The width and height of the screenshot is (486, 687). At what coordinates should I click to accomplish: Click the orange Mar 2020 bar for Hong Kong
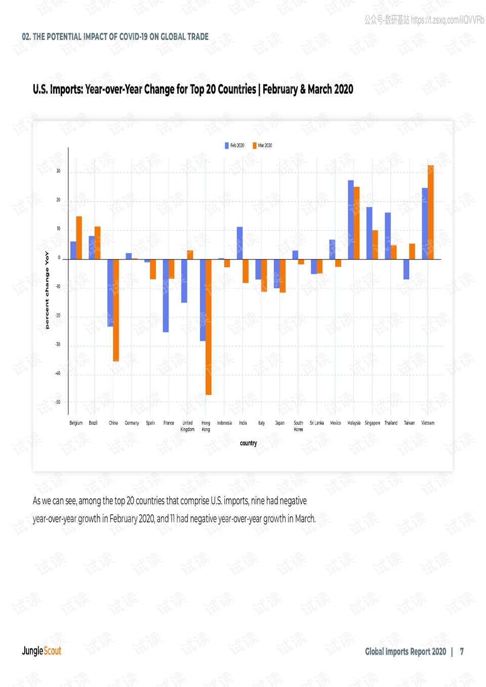209,327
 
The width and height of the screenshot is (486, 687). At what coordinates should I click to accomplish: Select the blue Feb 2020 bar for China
110,293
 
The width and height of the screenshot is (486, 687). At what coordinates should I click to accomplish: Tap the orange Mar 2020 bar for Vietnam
431,212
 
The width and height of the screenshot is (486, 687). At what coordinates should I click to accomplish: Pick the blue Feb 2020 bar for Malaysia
351,220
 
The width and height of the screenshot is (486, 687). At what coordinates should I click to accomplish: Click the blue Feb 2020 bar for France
166,296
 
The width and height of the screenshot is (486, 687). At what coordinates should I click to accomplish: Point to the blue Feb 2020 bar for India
240,243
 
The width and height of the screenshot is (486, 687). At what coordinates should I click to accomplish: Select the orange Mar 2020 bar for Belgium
79,237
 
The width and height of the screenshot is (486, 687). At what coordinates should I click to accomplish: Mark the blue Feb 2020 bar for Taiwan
407,269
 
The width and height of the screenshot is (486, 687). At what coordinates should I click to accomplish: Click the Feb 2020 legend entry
235,145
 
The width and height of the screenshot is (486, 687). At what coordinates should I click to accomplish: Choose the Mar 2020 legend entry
263,145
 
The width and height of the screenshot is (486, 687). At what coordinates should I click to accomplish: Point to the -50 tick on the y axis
58,402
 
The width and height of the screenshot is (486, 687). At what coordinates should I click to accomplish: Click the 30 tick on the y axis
58,171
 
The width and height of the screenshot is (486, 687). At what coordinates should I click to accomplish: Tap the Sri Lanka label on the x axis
317,423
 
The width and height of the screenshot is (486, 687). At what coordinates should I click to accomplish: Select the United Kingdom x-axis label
187,426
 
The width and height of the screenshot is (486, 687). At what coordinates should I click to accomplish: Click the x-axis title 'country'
249,443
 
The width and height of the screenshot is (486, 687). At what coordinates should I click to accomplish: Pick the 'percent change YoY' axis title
47,290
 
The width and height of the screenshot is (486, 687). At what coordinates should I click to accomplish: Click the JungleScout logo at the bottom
42,651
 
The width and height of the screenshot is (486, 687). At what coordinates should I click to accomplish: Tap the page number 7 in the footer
462,652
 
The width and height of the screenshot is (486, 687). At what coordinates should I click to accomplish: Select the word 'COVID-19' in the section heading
133,37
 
